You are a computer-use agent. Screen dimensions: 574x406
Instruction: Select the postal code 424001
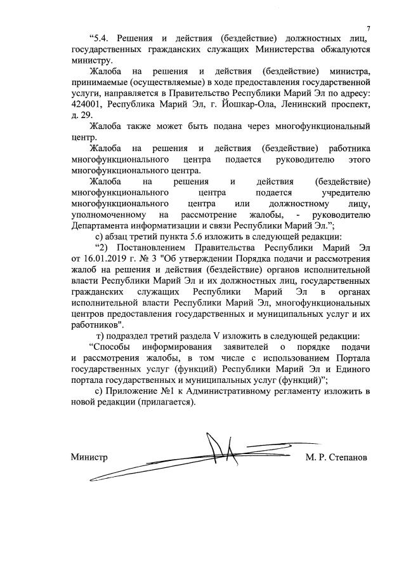tap(89, 104)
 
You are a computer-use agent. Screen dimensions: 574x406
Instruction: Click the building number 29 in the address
tap(86, 115)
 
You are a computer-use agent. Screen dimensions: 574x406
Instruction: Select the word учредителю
tap(343, 192)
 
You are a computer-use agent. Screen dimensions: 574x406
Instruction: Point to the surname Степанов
tap(350, 457)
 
